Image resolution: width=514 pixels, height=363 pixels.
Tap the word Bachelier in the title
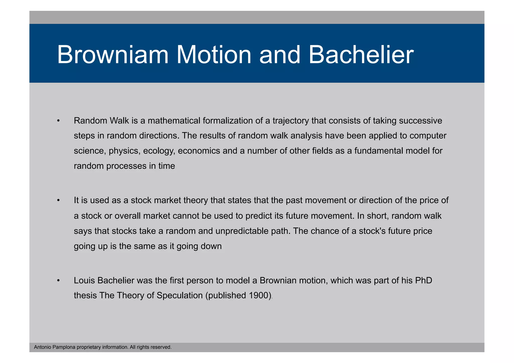(x=361, y=55)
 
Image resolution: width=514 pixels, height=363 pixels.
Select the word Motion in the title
(x=214, y=55)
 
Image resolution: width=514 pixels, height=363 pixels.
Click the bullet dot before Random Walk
(x=58, y=121)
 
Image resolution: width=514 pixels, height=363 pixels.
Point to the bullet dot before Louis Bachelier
(x=58, y=280)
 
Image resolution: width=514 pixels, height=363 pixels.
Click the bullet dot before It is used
(x=58, y=200)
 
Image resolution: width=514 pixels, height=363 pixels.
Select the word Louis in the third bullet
(x=84, y=280)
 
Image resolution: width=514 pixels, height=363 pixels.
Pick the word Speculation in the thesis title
(x=179, y=296)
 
